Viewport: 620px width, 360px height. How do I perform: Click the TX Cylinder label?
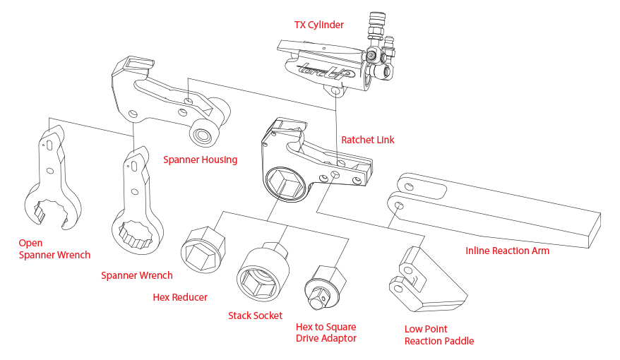click(x=318, y=25)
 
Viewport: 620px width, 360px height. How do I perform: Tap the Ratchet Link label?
click(x=367, y=140)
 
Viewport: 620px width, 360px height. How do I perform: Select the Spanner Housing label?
click(x=200, y=160)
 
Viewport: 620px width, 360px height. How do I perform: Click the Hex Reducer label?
click(x=180, y=297)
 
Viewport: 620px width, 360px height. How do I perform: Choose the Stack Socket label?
click(x=255, y=316)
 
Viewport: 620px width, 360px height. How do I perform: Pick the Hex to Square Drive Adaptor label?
click(x=326, y=332)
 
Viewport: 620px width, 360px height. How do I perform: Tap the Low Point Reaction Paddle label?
click(x=439, y=335)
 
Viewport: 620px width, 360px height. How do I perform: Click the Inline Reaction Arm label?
click(x=507, y=251)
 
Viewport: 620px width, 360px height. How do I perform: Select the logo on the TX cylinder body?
click(x=324, y=71)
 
